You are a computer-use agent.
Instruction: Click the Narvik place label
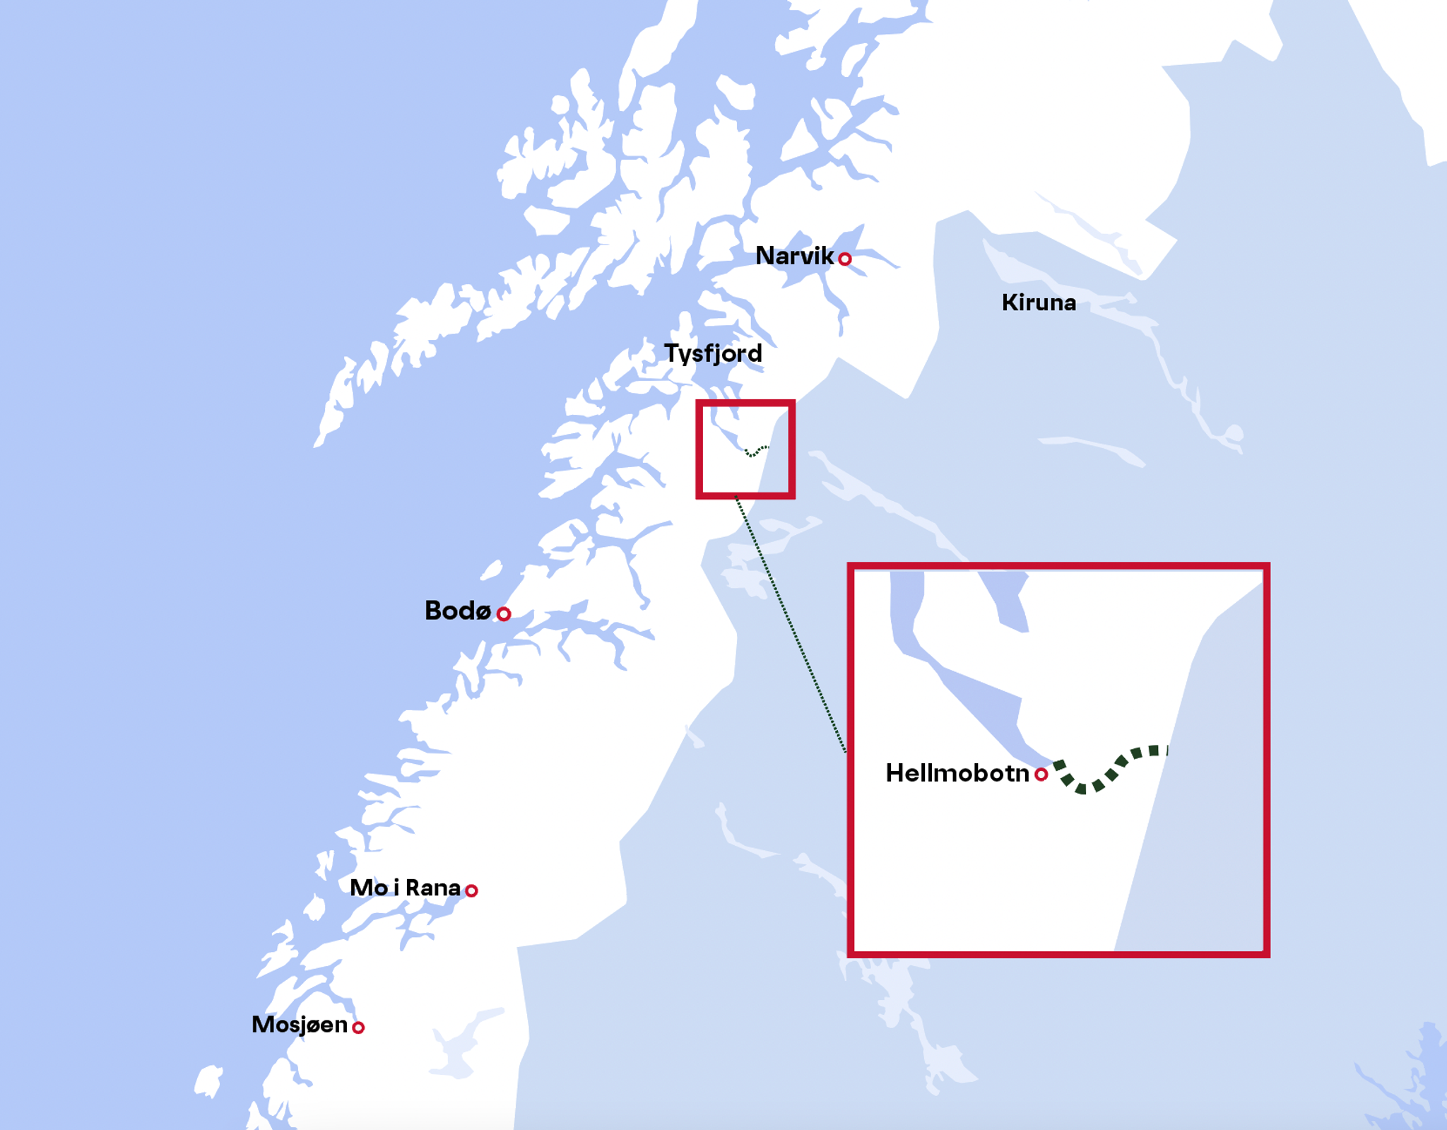point(794,256)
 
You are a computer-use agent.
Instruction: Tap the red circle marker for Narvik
point(844,259)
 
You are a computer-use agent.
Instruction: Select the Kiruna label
point(1039,303)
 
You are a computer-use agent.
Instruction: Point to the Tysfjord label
point(713,353)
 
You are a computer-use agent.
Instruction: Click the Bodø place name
point(458,611)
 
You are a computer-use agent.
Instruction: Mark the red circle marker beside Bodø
point(503,613)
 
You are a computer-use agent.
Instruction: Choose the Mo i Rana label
point(405,888)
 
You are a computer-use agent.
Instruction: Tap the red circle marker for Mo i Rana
point(471,890)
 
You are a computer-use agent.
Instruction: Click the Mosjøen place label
point(300,1025)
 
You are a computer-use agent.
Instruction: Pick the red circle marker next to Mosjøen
point(358,1028)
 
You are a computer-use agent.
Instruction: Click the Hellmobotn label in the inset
point(957,773)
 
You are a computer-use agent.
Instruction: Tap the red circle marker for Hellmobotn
point(1041,775)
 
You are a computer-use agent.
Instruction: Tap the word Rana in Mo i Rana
point(433,888)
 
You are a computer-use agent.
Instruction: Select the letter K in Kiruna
point(1009,303)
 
